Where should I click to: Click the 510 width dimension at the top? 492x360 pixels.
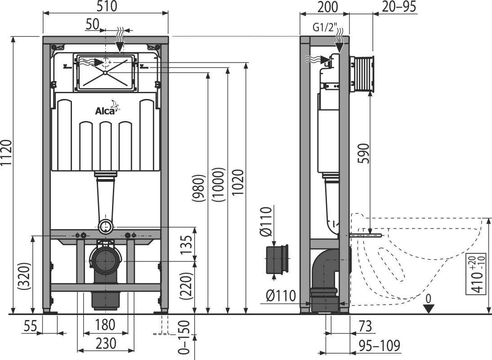107,6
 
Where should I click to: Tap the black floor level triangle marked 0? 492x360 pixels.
429,309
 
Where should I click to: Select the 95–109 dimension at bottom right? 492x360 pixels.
380,346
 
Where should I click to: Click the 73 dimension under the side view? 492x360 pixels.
365,326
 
